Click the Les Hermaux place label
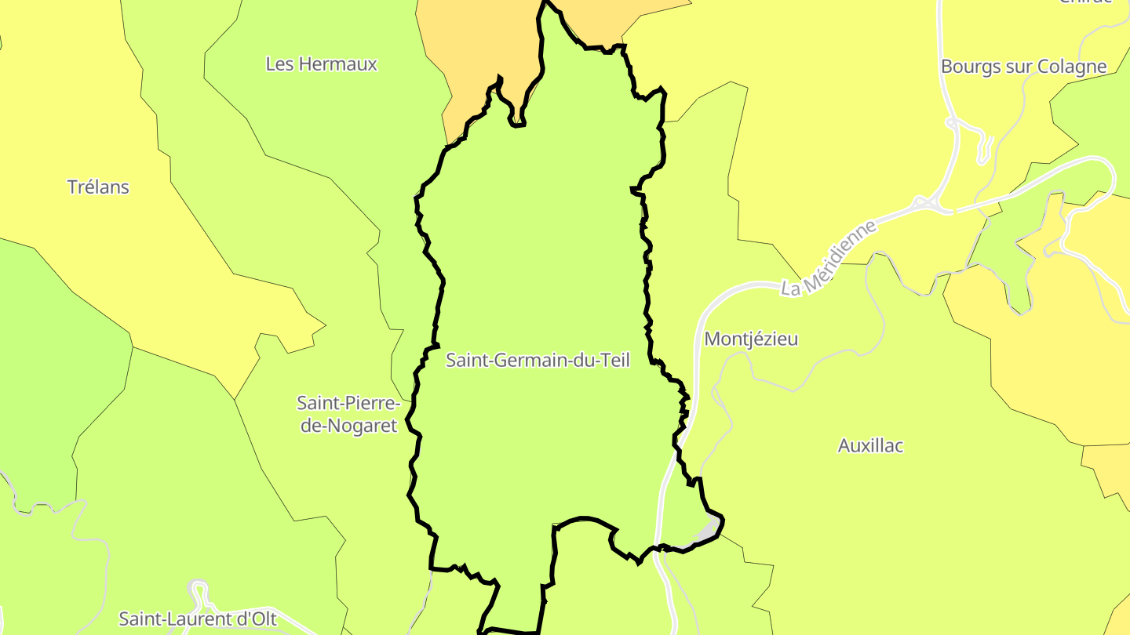[x=321, y=64]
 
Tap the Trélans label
[x=98, y=187]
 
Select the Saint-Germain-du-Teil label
[x=538, y=361]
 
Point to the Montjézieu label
[x=751, y=339]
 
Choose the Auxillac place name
[x=870, y=446]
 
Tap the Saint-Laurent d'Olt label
[x=198, y=619]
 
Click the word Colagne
[x=1073, y=67]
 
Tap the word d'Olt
[x=258, y=619]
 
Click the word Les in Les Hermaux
[x=279, y=64]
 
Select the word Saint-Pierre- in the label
[x=348, y=404]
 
